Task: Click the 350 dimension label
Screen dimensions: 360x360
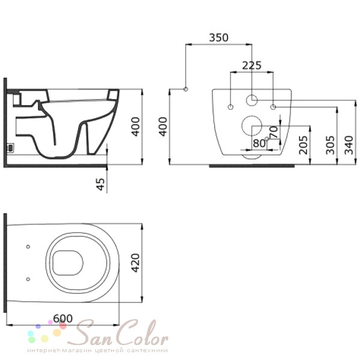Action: coord(219,38)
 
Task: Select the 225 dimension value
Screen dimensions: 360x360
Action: coord(251,65)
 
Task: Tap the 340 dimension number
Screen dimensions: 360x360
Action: coord(349,145)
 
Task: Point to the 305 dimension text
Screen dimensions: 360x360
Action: coord(330,145)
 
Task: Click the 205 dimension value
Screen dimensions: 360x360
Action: coord(303,145)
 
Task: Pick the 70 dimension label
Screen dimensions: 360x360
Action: coord(274,133)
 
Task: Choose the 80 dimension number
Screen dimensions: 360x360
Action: coord(259,143)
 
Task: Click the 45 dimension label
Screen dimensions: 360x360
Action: coord(100,184)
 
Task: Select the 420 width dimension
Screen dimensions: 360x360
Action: coord(135,263)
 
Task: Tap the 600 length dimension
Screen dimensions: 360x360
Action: coord(63,319)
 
